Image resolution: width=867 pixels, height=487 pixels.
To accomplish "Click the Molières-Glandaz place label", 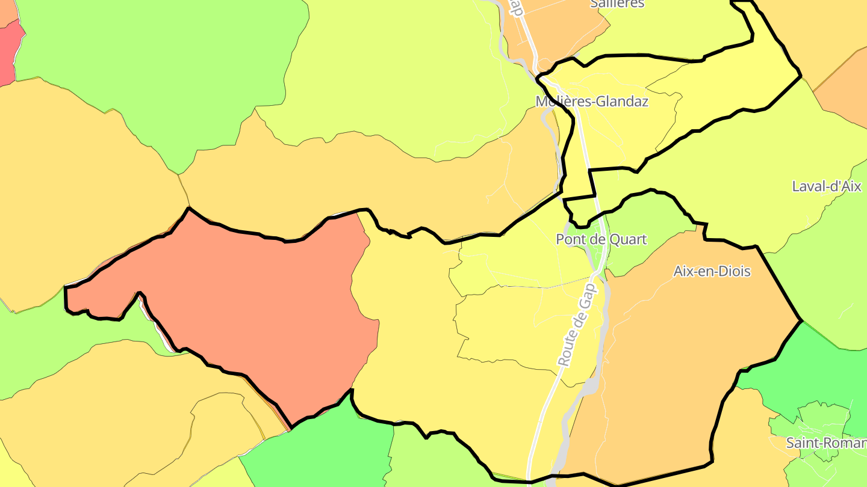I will (592, 102).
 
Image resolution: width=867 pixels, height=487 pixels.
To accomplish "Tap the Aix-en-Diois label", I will (712, 271).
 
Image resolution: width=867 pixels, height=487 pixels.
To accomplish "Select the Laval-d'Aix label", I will (827, 186).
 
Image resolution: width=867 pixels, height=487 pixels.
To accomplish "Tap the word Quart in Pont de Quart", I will (628, 239).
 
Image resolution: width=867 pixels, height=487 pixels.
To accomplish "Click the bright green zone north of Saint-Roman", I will (807, 367).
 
